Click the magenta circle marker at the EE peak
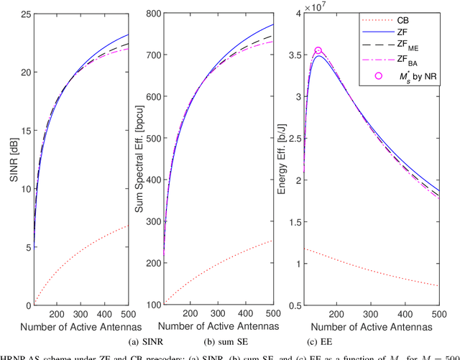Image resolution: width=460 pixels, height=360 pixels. (x=318, y=51)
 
